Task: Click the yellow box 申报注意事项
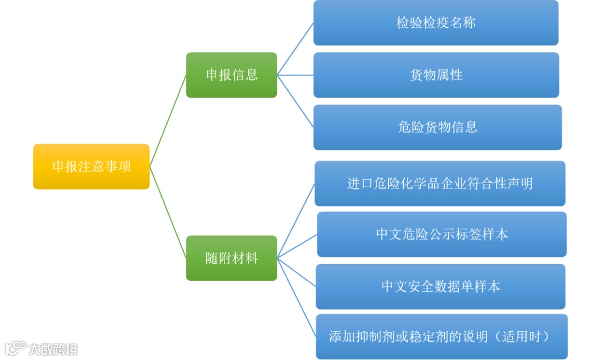pyautogui.click(x=92, y=166)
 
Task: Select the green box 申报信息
pyautogui.click(x=231, y=75)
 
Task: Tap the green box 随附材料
pyautogui.click(x=231, y=258)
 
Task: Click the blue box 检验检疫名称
pyautogui.click(x=436, y=23)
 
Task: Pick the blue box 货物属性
pyautogui.click(x=436, y=75)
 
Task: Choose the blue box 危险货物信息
pyautogui.click(x=438, y=127)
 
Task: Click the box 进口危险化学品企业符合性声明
pyautogui.click(x=440, y=184)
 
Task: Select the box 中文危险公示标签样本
pyautogui.click(x=442, y=234)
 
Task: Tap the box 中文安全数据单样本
pyautogui.click(x=440, y=286)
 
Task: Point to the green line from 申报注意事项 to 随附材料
pyautogui.click(x=168, y=212)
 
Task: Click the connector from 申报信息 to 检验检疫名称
pyautogui.click(x=296, y=49)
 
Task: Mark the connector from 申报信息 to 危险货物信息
pyautogui.click(x=296, y=101)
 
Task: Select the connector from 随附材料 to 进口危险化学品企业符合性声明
pyautogui.click(x=296, y=221)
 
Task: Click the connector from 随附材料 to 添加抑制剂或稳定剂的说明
pyautogui.click(x=297, y=297)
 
